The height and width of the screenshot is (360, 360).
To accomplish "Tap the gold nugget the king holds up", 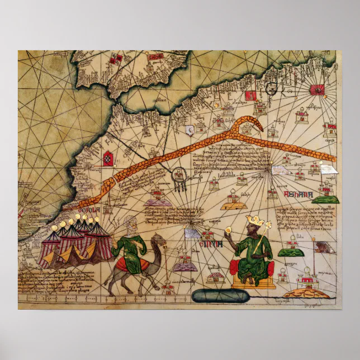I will [x=229, y=229].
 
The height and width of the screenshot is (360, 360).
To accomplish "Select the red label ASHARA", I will [x=298, y=194].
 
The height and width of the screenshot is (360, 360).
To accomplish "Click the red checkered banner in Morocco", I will [x=107, y=160].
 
